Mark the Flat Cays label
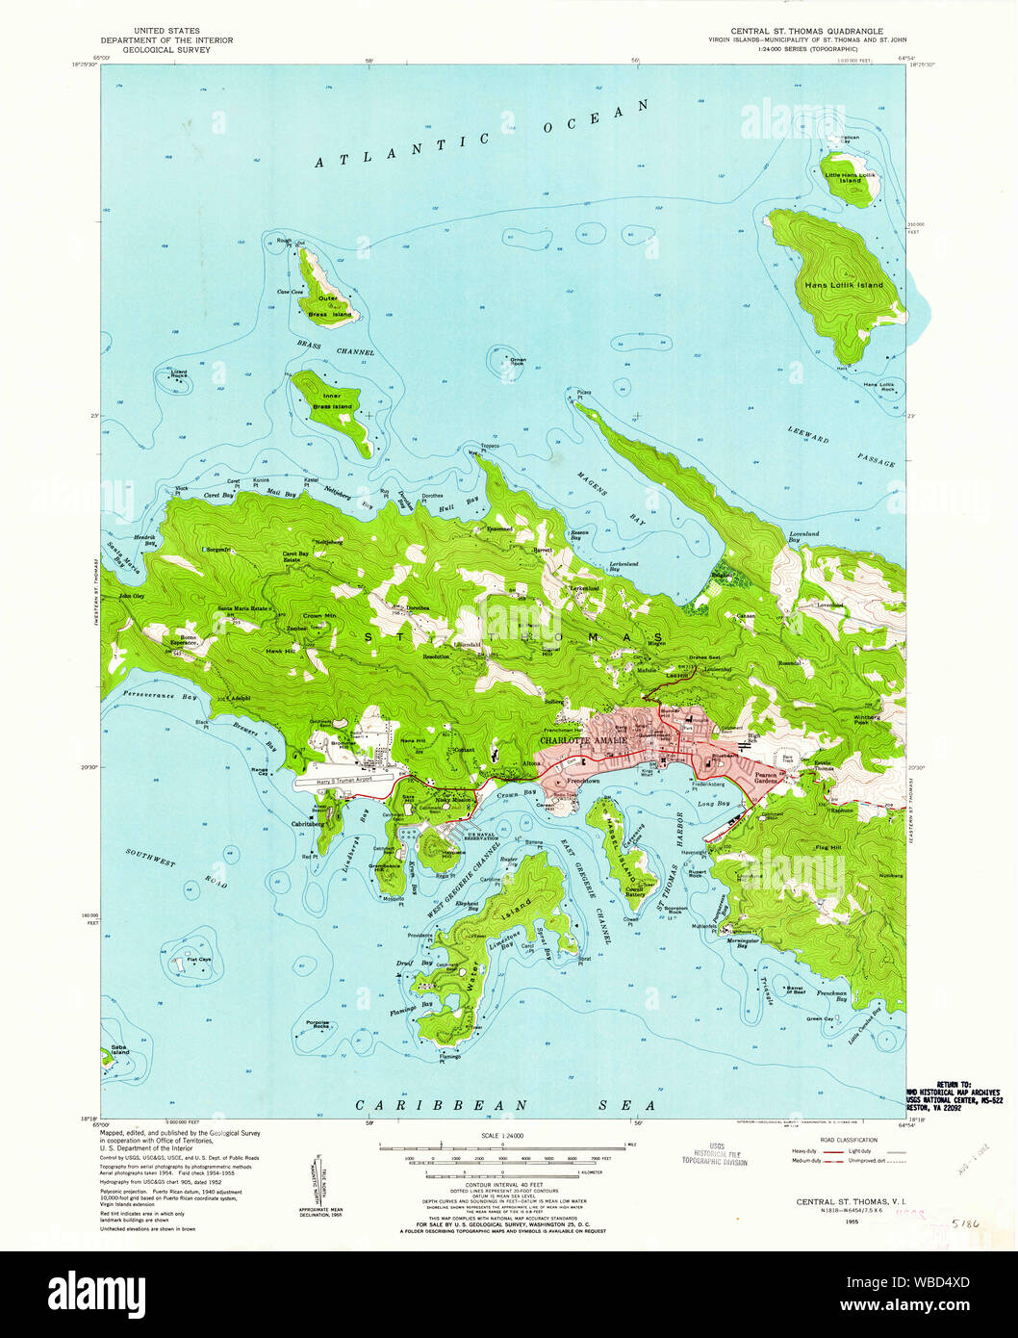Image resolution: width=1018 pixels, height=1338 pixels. pyautogui.click(x=199, y=960)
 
